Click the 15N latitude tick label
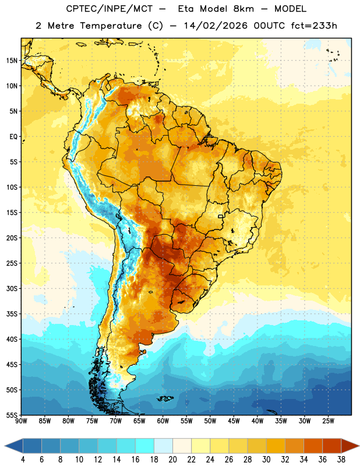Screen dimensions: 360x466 click(x=12, y=61)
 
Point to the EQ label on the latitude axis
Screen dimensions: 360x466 click(x=13, y=137)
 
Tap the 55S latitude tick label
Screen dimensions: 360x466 click(x=12, y=415)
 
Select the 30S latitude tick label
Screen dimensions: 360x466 click(x=12, y=288)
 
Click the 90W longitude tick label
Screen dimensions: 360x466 click(x=22, y=421)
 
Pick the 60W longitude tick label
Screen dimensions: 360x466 click(x=163, y=421)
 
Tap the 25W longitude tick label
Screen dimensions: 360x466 click(x=328, y=421)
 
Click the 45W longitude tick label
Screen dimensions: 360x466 click(x=234, y=421)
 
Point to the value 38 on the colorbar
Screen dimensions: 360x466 click(x=341, y=460)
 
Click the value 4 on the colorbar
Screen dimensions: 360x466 click(x=23, y=460)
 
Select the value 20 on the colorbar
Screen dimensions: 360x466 click(x=172, y=460)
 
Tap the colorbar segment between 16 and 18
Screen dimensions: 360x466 click(x=144, y=446)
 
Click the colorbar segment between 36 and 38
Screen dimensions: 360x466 click(x=332, y=446)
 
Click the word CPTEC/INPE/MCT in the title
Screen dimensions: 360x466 click(x=109, y=9)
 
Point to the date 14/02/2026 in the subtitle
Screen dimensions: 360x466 click(x=216, y=26)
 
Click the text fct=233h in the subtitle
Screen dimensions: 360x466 click(x=314, y=26)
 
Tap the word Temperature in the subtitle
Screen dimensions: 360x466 click(x=111, y=26)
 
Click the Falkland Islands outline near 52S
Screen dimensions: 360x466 click(x=165, y=398)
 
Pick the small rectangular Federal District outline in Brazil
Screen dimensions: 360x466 click(x=221, y=216)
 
